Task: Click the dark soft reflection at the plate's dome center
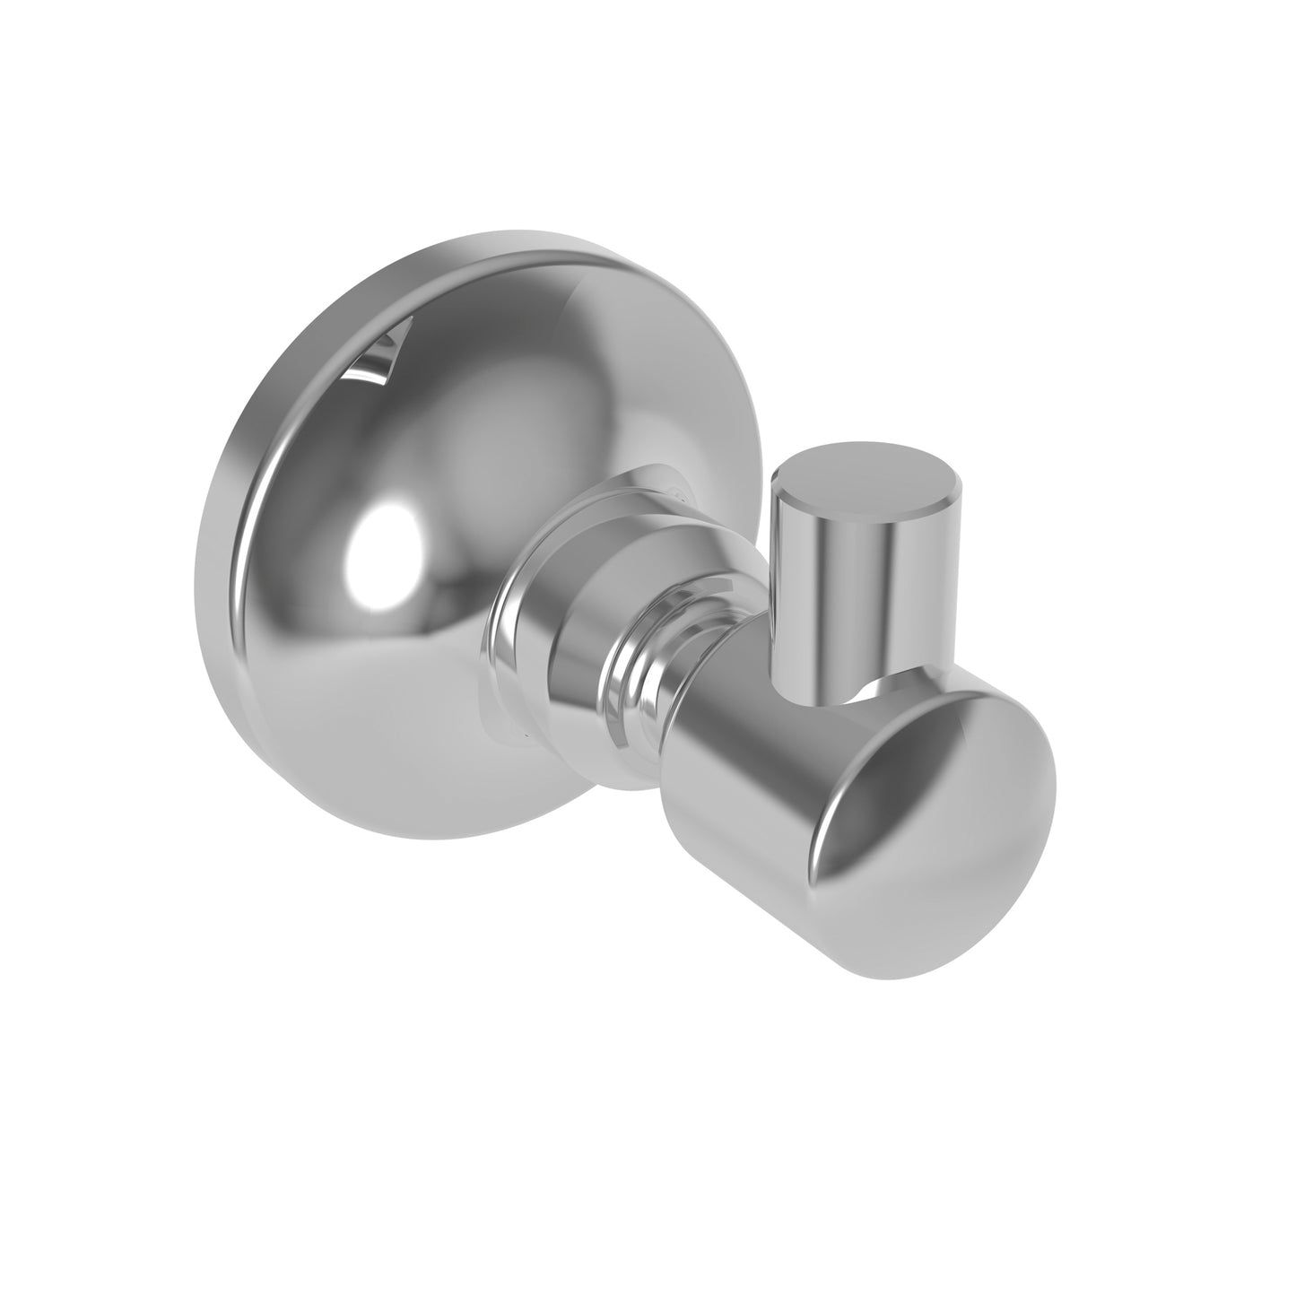tap(484, 431)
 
